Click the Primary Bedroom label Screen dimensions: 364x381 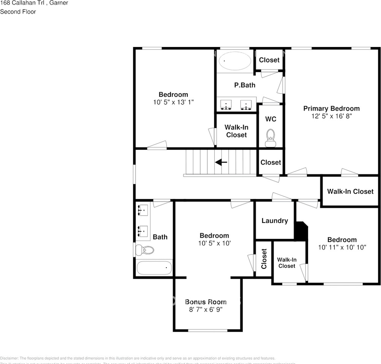[x=331, y=108]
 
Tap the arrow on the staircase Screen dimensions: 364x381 [x=221, y=162]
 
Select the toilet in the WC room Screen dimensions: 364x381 [x=270, y=137]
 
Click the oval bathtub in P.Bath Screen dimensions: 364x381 [x=235, y=61]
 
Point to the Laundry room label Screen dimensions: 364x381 [x=275, y=221]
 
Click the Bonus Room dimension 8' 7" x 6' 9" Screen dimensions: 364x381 [x=206, y=309]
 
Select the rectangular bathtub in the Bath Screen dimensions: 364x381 [x=154, y=268]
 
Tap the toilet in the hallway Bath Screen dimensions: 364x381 [x=145, y=250]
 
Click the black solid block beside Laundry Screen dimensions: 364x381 [x=301, y=231]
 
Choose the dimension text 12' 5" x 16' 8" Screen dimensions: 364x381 [x=331, y=116]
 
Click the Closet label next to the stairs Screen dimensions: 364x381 [x=270, y=162]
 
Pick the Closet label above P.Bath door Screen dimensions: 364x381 [x=269, y=60]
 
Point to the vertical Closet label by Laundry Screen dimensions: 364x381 [x=264, y=259]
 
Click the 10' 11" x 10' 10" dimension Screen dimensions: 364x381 [x=342, y=247]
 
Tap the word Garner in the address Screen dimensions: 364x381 [x=58, y=3]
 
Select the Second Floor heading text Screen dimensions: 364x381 [x=18, y=12]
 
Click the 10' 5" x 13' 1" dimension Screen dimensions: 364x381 [x=173, y=102]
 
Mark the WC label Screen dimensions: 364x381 [x=270, y=119]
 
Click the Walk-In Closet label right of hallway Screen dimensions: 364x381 [x=350, y=191]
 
